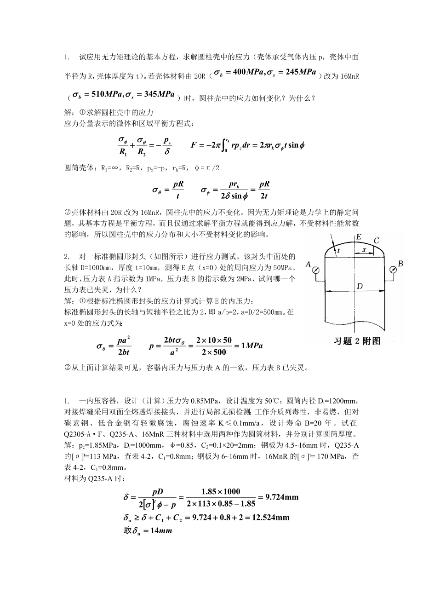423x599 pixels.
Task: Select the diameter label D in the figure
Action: pyautogui.click(x=359, y=287)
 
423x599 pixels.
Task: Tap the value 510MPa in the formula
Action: pyautogui.click(x=106, y=94)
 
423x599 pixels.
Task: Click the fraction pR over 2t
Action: pyautogui.click(x=264, y=189)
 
